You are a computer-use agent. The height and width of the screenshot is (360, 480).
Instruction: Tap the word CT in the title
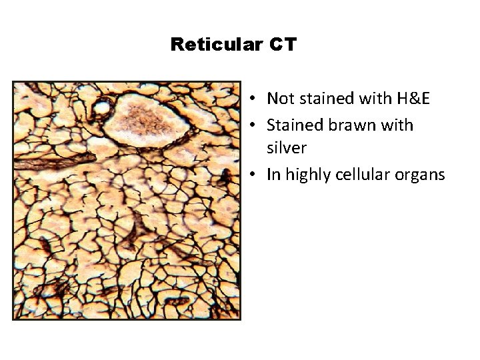tap(283, 45)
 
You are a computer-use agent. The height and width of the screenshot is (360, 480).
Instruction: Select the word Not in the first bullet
tap(279, 99)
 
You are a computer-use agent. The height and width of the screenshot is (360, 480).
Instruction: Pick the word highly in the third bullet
tap(304, 175)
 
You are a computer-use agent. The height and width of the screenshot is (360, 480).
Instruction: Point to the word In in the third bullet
tap(273, 175)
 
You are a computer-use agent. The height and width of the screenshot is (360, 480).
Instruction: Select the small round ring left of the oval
tap(102, 106)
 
